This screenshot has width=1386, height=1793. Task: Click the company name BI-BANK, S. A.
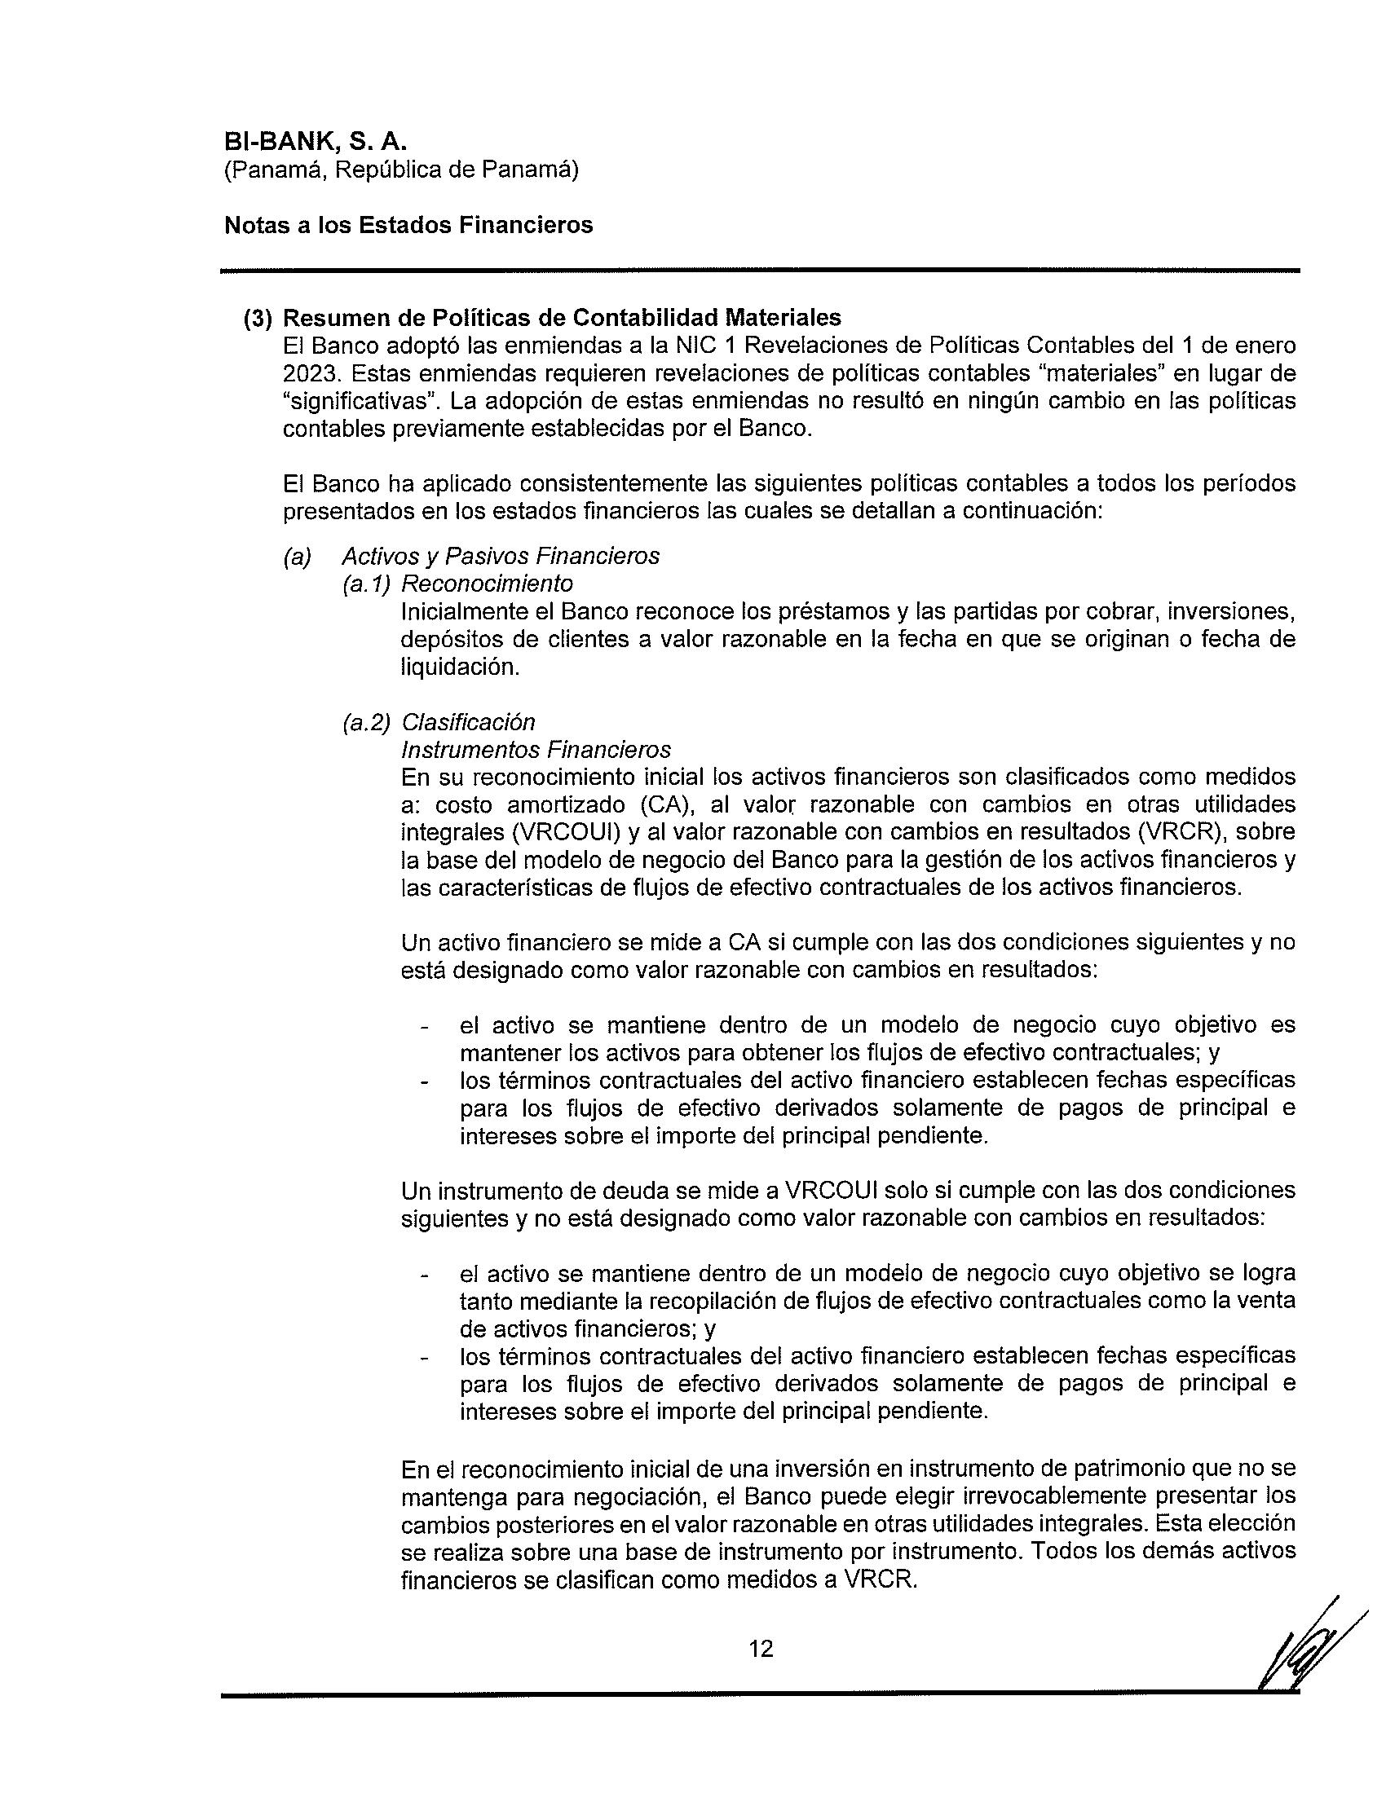pos(316,141)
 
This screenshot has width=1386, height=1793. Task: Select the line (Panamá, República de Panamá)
pos(401,170)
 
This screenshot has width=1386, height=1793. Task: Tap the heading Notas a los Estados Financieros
pos(408,225)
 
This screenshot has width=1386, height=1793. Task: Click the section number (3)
pos(258,319)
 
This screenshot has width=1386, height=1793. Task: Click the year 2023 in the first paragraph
pos(309,373)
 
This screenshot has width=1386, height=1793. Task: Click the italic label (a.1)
pos(366,584)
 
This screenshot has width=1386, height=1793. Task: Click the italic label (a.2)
pos(366,721)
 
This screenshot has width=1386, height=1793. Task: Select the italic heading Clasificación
pos(468,721)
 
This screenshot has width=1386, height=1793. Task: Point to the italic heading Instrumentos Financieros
pos(536,750)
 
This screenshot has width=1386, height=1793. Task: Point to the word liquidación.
pos(460,667)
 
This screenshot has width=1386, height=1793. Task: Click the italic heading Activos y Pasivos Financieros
pos(500,557)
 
